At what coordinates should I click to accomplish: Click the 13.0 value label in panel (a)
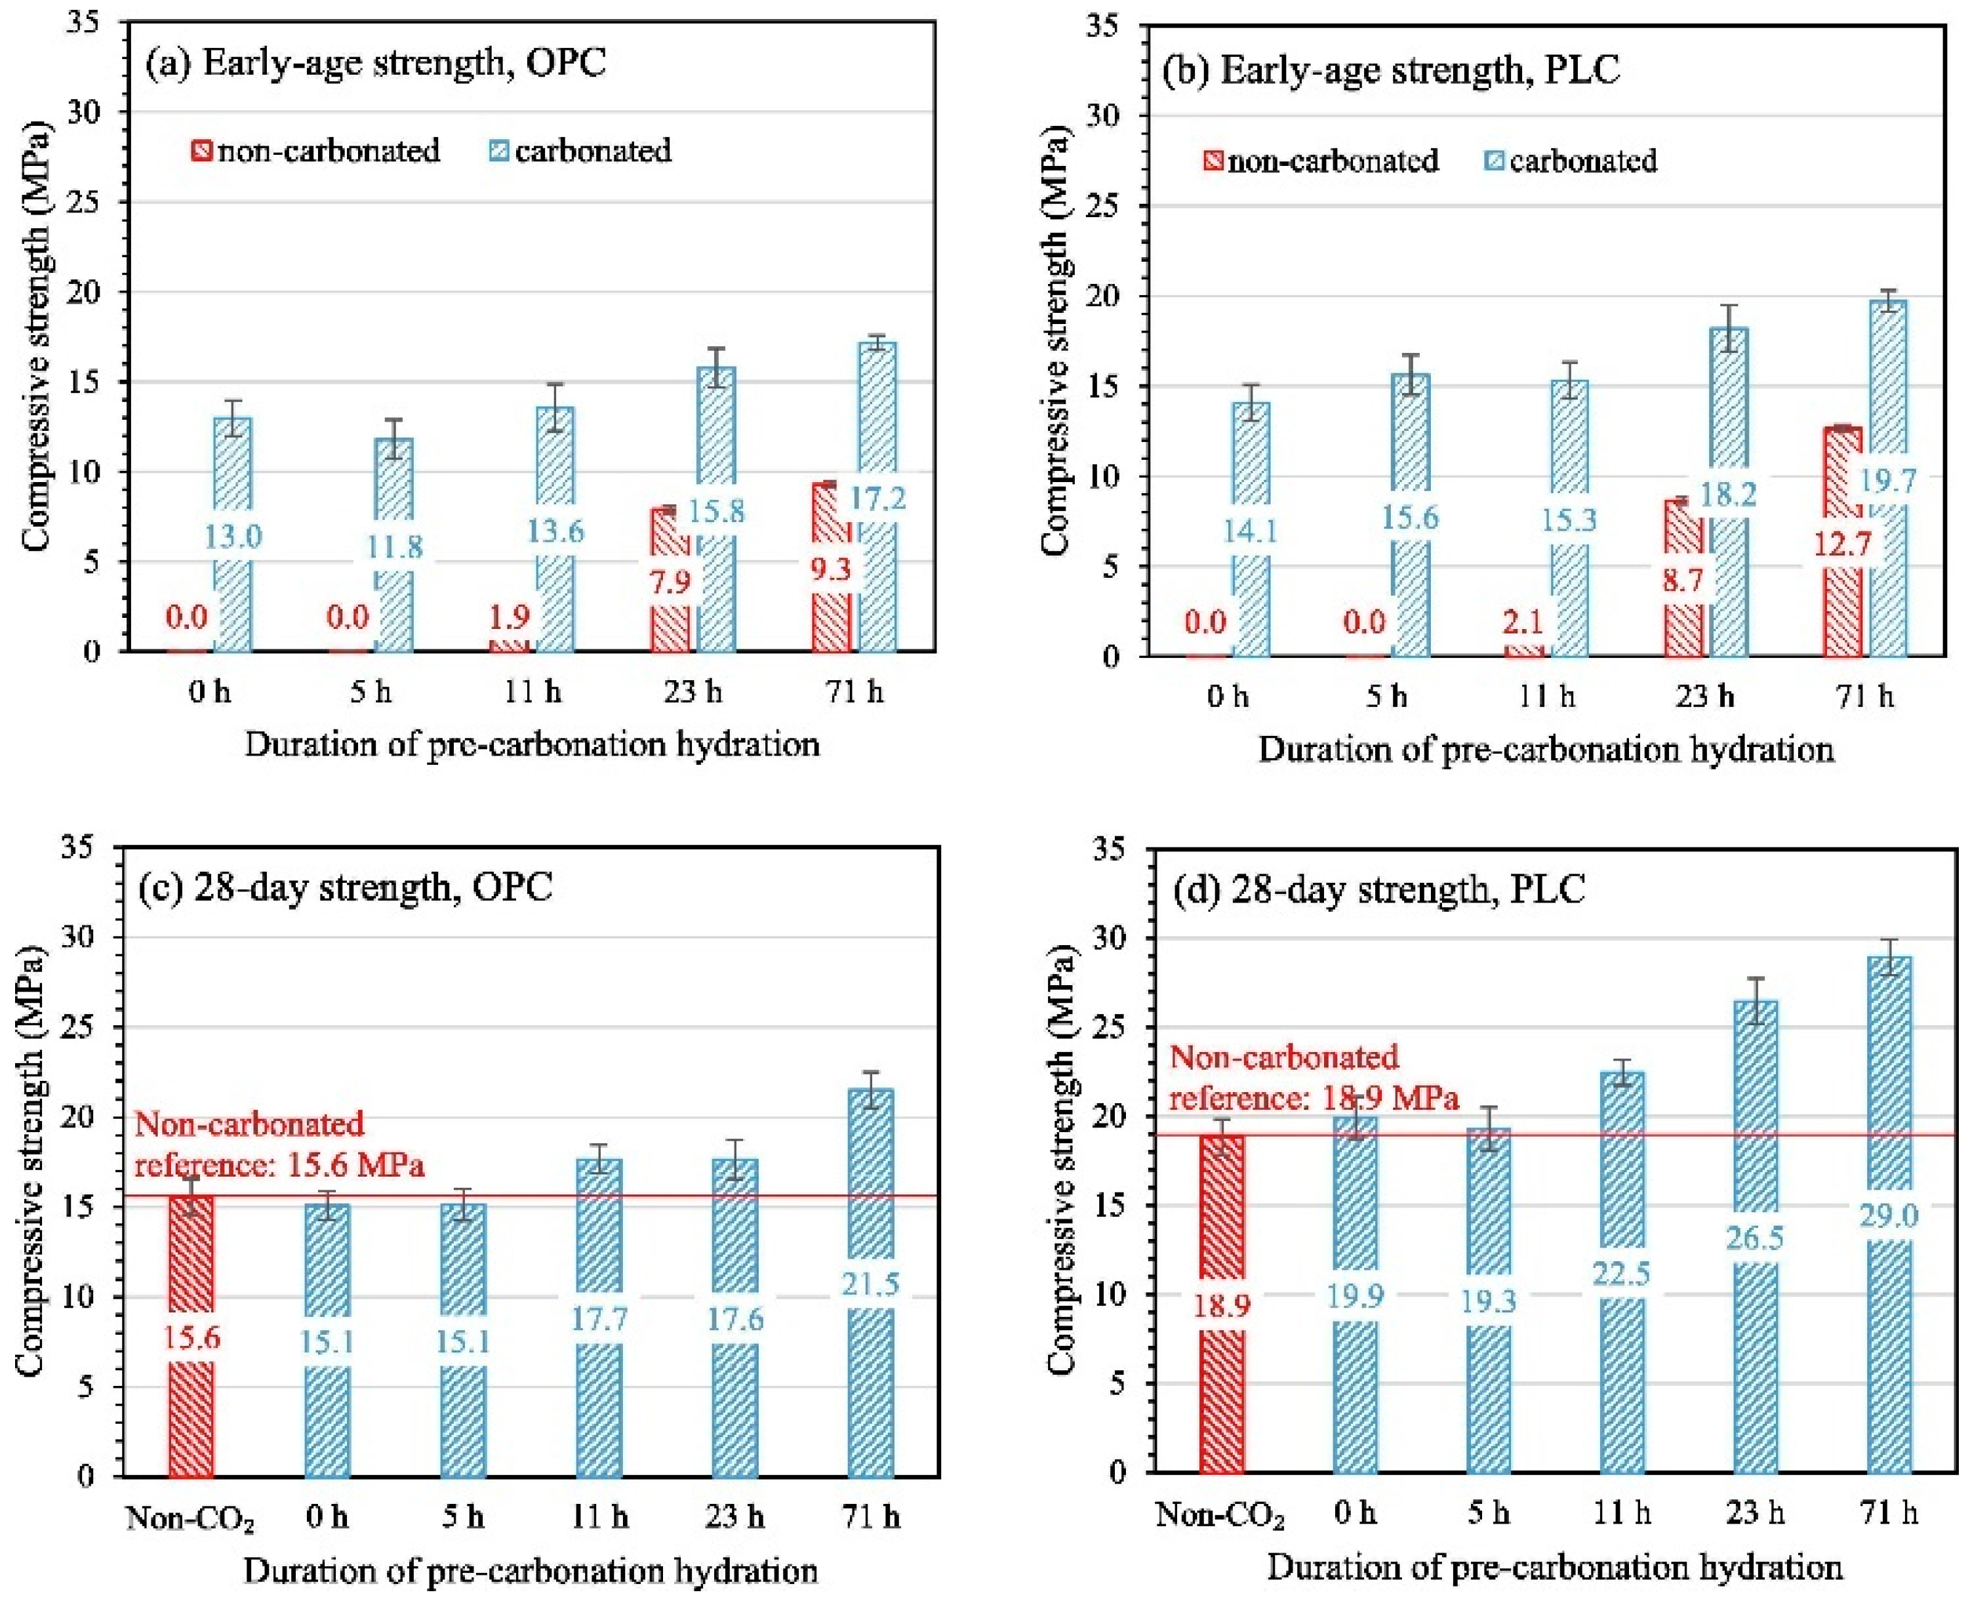[233, 536]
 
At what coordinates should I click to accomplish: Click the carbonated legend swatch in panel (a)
[498, 150]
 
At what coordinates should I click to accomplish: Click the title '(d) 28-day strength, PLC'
[1379, 888]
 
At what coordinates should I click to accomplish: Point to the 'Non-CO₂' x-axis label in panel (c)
[190, 1518]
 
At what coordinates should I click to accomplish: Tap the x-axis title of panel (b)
[1545, 749]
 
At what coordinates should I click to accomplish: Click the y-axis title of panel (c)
[34, 1161]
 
